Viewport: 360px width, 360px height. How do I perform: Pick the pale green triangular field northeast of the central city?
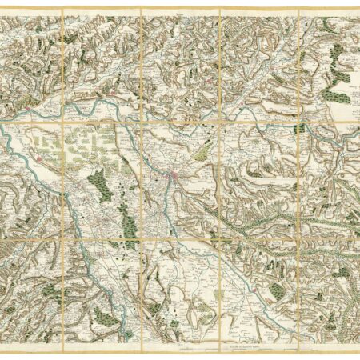pyautogui.click(x=206, y=149)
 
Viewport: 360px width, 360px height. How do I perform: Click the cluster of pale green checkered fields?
pyautogui.click(x=76, y=148)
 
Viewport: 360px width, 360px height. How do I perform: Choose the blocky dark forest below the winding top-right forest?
pyautogui.click(x=339, y=96)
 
